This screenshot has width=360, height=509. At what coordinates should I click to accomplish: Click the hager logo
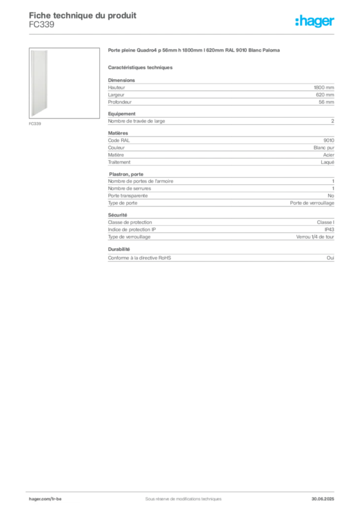tap(315, 21)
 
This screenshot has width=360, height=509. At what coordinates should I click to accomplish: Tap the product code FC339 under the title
tap(42, 25)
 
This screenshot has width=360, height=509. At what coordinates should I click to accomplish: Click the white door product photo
tap(39, 83)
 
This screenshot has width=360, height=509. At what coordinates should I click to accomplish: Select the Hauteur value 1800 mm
tap(324, 87)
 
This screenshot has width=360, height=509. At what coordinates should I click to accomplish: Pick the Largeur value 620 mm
tap(325, 95)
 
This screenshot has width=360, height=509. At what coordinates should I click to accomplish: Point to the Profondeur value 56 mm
tap(326, 102)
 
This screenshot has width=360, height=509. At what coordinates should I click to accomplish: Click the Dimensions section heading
tap(121, 80)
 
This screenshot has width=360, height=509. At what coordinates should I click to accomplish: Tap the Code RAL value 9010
tap(329, 140)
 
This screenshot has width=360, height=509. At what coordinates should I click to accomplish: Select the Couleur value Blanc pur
tap(324, 148)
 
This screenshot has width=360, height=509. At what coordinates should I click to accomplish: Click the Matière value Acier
tap(329, 155)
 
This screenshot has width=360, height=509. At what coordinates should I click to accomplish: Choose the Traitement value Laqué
tap(327, 163)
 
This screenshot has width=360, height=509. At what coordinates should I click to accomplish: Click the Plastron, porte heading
tap(126, 174)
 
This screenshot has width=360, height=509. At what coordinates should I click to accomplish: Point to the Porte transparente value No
tap(331, 196)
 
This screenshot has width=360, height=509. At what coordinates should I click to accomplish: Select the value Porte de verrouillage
tap(312, 203)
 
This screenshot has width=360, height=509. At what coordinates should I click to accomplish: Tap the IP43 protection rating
tap(329, 230)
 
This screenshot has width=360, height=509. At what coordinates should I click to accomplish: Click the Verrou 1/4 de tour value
tap(315, 237)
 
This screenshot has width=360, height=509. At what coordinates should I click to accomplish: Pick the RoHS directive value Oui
tap(330, 258)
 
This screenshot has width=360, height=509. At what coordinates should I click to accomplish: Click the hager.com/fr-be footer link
tap(45, 499)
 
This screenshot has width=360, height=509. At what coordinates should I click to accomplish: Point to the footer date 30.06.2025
tap(323, 499)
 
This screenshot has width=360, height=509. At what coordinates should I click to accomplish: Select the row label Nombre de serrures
tap(129, 188)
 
